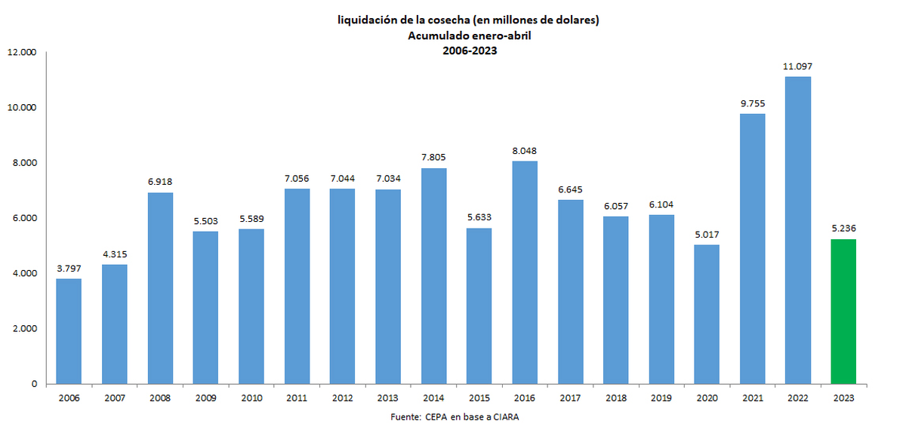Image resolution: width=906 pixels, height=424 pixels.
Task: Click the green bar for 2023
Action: point(843,311)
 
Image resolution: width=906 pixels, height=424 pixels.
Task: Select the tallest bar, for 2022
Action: point(797,230)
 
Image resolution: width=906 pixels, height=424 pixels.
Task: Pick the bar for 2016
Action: point(524,272)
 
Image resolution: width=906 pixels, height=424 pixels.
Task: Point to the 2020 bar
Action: point(706,314)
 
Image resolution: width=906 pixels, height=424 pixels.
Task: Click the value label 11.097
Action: point(797,67)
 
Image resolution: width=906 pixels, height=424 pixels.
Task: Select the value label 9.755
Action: point(752,104)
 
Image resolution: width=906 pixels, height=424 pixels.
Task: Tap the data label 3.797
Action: point(69,269)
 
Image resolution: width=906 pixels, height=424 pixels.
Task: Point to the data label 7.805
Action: point(433,158)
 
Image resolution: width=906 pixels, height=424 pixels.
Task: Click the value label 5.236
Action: point(843,229)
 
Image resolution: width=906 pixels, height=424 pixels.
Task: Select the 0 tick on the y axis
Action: point(33,384)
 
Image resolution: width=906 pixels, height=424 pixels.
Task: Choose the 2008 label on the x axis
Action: point(159,398)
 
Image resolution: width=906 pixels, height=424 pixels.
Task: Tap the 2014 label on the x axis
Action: point(433,398)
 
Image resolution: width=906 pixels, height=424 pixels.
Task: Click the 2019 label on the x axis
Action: point(661,398)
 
